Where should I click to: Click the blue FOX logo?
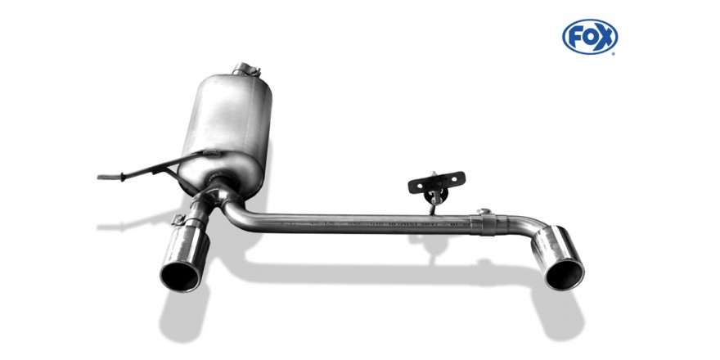click(590, 37)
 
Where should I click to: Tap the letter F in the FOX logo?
click(576, 37)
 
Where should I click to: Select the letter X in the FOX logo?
click(605, 37)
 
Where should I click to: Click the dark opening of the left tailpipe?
click(180, 277)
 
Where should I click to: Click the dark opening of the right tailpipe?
click(565, 274)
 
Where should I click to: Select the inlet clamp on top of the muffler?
click(246, 69)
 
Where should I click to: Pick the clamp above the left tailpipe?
click(178, 220)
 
